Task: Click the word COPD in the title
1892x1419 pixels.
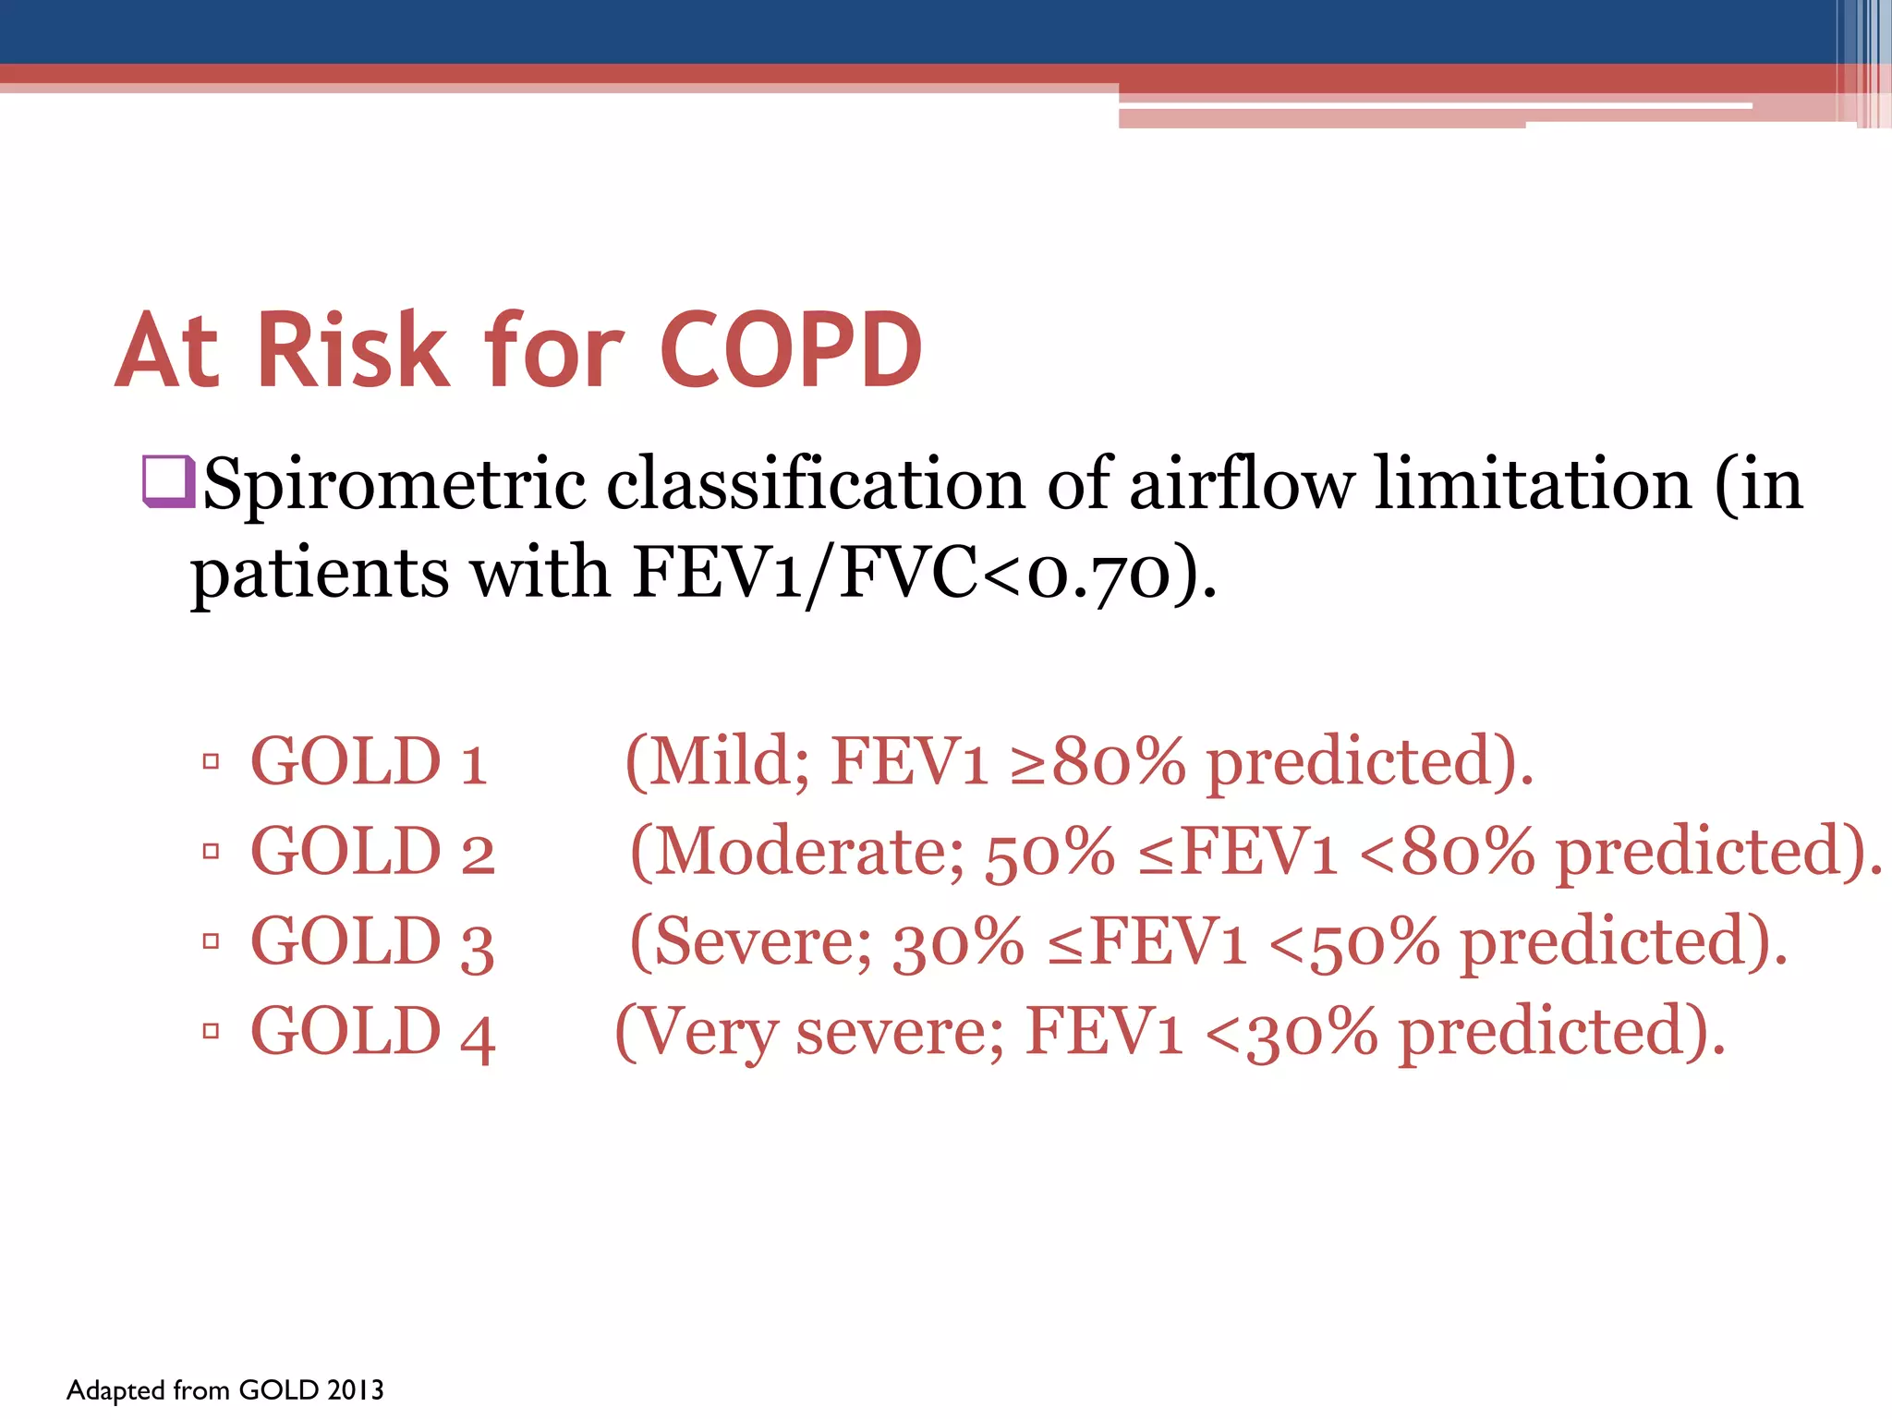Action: point(791,350)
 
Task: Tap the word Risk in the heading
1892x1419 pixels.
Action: point(351,350)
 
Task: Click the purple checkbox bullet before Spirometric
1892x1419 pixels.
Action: point(168,482)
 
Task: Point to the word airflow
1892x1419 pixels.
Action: point(1242,484)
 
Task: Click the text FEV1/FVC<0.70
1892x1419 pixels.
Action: point(901,574)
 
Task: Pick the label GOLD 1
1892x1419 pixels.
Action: point(369,762)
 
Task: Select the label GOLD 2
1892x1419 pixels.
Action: point(372,852)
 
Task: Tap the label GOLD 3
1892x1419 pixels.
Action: point(372,941)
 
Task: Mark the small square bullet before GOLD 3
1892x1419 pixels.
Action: point(211,941)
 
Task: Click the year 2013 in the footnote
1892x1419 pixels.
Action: point(355,1390)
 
